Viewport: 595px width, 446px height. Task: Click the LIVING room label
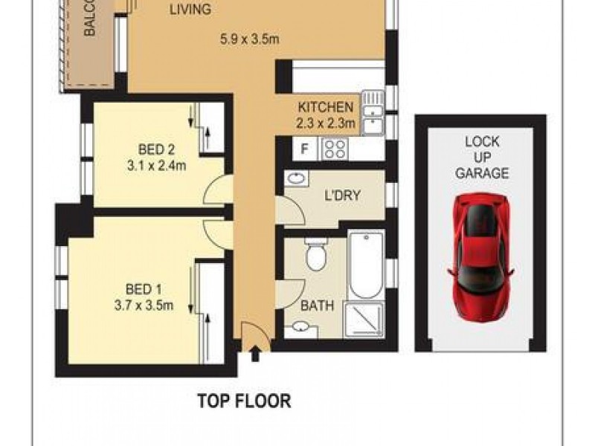point(190,10)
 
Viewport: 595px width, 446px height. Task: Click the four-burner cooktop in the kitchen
point(333,149)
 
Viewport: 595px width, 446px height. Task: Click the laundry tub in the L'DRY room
point(296,179)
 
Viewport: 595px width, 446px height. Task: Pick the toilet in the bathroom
point(315,254)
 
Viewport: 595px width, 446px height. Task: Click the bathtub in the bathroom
point(365,264)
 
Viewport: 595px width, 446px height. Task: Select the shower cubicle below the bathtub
point(364,319)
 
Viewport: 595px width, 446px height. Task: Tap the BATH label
point(317,305)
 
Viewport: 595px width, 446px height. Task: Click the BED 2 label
point(156,146)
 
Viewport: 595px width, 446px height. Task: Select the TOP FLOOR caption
point(244,401)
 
